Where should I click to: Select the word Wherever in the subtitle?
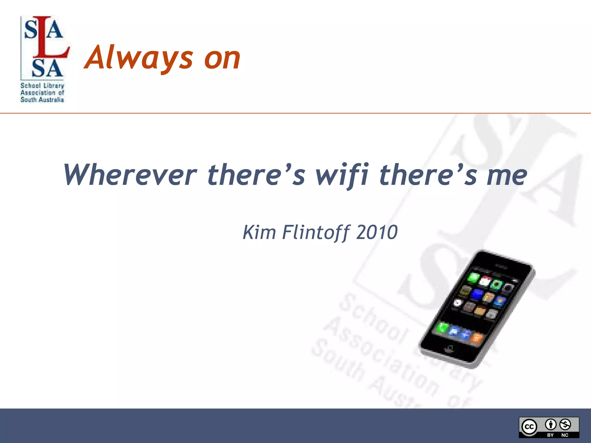[130, 175]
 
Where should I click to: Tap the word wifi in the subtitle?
[342, 175]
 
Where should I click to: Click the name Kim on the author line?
[259, 232]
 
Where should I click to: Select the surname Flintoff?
[316, 232]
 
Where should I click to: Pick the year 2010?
[377, 232]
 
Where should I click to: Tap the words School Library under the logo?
[42, 86]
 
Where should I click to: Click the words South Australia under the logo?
[42, 100]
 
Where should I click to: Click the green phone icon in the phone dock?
[442, 328]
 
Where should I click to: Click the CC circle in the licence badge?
[529, 427]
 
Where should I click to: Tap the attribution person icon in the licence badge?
[551, 424]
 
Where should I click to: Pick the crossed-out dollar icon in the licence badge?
[565, 424]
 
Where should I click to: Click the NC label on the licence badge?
[565, 435]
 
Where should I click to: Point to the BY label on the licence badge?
[550, 435]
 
